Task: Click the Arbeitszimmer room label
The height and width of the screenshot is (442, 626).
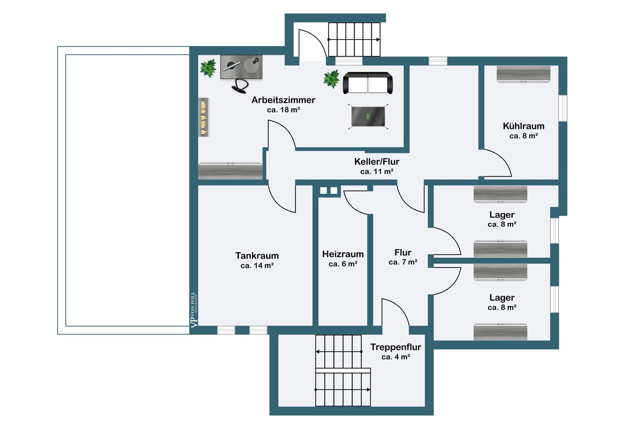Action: [283, 100]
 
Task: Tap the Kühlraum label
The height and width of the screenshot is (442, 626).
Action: [523, 126]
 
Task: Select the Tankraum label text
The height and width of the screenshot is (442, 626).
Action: [257, 256]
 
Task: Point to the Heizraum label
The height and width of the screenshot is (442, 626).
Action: [343, 254]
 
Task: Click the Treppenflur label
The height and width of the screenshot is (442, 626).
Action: [396, 347]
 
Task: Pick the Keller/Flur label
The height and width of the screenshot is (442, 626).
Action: [377, 161]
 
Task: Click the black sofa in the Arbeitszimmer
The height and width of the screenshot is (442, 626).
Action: [368, 83]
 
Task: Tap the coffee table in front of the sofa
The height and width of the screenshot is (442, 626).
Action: [368, 116]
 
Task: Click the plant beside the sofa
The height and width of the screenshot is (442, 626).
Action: [331, 79]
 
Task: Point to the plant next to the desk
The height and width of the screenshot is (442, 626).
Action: [208, 68]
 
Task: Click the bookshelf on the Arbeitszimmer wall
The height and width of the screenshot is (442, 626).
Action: [204, 117]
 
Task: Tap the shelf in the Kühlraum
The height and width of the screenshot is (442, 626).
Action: [523, 74]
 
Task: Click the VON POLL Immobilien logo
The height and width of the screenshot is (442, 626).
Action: [194, 309]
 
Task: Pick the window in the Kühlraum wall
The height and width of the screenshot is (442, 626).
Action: [563, 108]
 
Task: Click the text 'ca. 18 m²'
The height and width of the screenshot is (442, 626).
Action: [283, 110]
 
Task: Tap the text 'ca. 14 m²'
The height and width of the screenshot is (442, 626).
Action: [257, 265]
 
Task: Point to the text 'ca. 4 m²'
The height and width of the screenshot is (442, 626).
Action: [396, 357]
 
